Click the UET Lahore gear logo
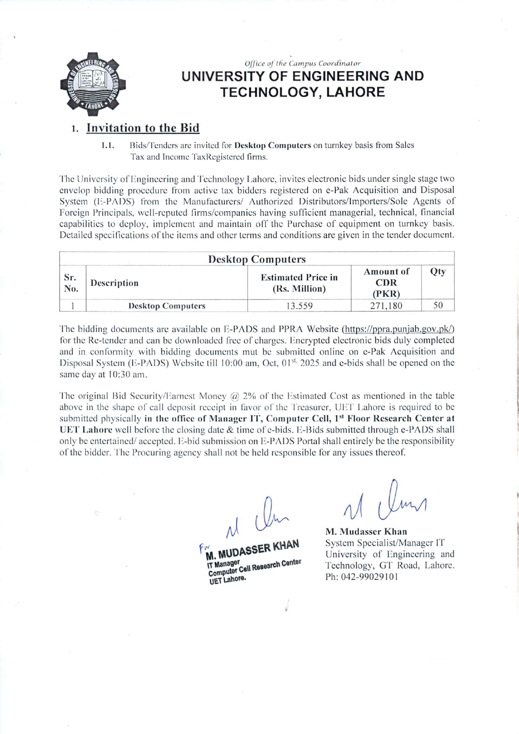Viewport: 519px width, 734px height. pos(93,85)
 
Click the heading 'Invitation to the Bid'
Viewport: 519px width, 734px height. pos(143,128)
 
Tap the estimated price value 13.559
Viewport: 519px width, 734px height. pos(299,306)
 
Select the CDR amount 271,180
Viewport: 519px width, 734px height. pos(386,306)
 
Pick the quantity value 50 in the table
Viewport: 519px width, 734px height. pos(437,305)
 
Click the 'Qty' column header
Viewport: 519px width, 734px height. pos(437,271)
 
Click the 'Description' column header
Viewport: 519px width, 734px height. pos(114,283)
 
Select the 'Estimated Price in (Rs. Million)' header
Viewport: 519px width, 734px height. pos(299,283)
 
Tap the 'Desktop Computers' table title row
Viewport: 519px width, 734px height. pos(257,259)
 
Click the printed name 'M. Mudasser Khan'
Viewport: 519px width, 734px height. pos(366,532)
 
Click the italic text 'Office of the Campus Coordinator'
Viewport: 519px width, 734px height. pos(302,64)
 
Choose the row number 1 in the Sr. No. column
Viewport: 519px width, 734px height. pos(73,306)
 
